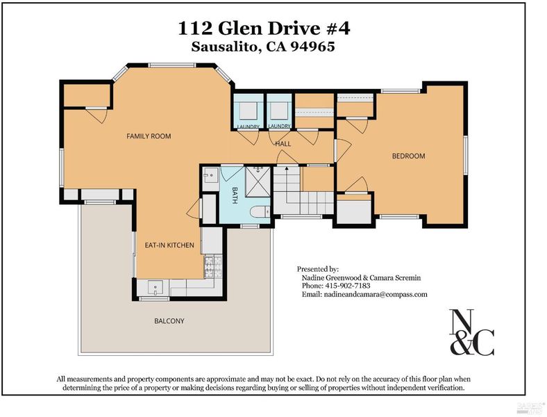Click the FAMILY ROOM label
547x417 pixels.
click(x=149, y=136)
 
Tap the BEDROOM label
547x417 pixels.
click(x=408, y=156)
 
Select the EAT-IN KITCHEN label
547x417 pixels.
click(x=169, y=245)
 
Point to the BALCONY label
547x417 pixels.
click(x=169, y=320)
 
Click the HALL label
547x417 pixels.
click(x=283, y=144)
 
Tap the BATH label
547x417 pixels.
click(x=235, y=195)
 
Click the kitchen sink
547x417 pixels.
click(x=155, y=288)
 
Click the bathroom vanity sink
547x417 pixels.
click(x=211, y=174)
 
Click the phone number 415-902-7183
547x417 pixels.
click(x=348, y=286)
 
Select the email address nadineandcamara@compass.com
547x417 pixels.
click(x=376, y=294)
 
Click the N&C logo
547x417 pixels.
click(x=471, y=332)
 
